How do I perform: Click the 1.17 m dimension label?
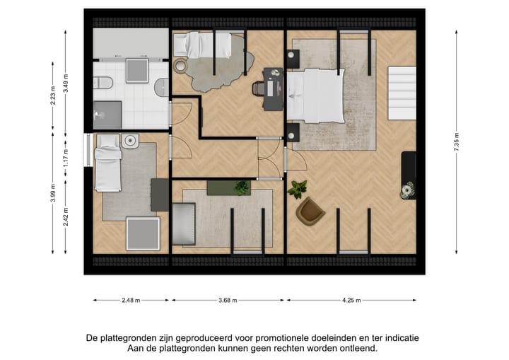[x=66, y=156]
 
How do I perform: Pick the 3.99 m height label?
[x=53, y=193]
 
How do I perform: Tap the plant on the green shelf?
[x=242, y=187]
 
